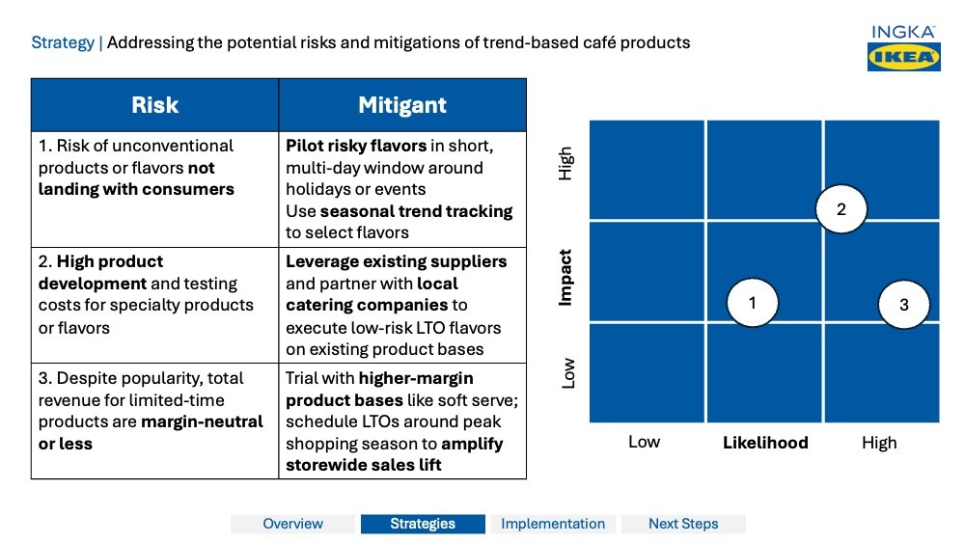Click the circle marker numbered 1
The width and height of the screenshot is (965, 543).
(x=752, y=303)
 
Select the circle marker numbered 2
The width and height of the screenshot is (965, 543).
(x=841, y=209)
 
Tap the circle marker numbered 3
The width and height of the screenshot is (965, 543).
(x=904, y=305)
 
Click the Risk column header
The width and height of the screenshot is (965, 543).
(x=155, y=105)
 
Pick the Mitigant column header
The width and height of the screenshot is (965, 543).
(x=402, y=105)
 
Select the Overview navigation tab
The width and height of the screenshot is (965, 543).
(x=293, y=524)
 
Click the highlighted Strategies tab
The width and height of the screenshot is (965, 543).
(x=423, y=524)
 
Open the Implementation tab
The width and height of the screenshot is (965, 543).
(x=553, y=524)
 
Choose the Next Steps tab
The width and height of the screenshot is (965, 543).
(x=683, y=524)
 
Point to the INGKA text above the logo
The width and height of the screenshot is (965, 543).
(x=903, y=32)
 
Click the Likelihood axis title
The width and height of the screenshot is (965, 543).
(x=765, y=443)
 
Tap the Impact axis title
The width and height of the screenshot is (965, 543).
(x=566, y=278)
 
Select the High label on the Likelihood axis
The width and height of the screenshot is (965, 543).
(x=879, y=443)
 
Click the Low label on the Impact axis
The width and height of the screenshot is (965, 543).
(x=567, y=373)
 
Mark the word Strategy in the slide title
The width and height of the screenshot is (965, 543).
(x=63, y=42)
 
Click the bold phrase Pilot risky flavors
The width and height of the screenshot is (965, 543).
(x=356, y=146)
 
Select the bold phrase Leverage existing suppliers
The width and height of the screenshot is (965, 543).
(x=396, y=261)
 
